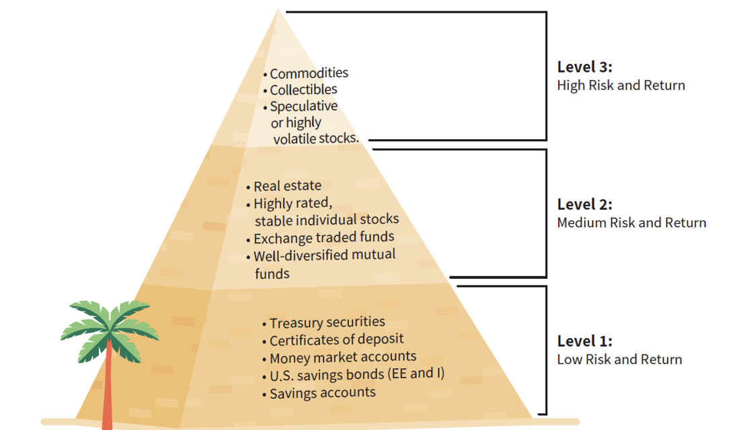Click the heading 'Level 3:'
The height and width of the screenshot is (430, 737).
pyautogui.click(x=584, y=67)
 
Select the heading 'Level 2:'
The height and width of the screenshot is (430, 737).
pyautogui.click(x=584, y=204)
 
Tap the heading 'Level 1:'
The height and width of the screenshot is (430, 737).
pyautogui.click(x=584, y=341)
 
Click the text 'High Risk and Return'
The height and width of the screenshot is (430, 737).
pyautogui.click(x=621, y=85)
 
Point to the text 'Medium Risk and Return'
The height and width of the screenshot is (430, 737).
pyautogui.click(x=631, y=222)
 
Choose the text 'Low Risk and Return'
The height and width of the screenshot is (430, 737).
pyautogui.click(x=619, y=359)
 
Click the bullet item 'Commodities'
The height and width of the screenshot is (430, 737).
pyautogui.click(x=309, y=73)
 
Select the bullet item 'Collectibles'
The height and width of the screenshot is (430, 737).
pyautogui.click(x=303, y=89)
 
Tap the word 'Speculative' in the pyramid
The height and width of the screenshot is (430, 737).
pyautogui.click(x=304, y=106)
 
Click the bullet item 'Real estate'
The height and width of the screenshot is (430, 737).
pyautogui.click(x=287, y=186)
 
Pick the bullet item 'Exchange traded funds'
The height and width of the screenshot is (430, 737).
pyautogui.click(x=323, y=238)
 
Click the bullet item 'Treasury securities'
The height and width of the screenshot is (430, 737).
pyautogui.click(x=327, y=323)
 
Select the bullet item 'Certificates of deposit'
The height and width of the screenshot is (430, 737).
pyautogui.click(x=336, y=340)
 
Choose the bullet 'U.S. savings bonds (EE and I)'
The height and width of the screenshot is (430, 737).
pyautogui.click(x=356, y=374)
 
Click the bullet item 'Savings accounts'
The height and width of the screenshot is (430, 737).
pyautogui.click(x=322, y=392)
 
